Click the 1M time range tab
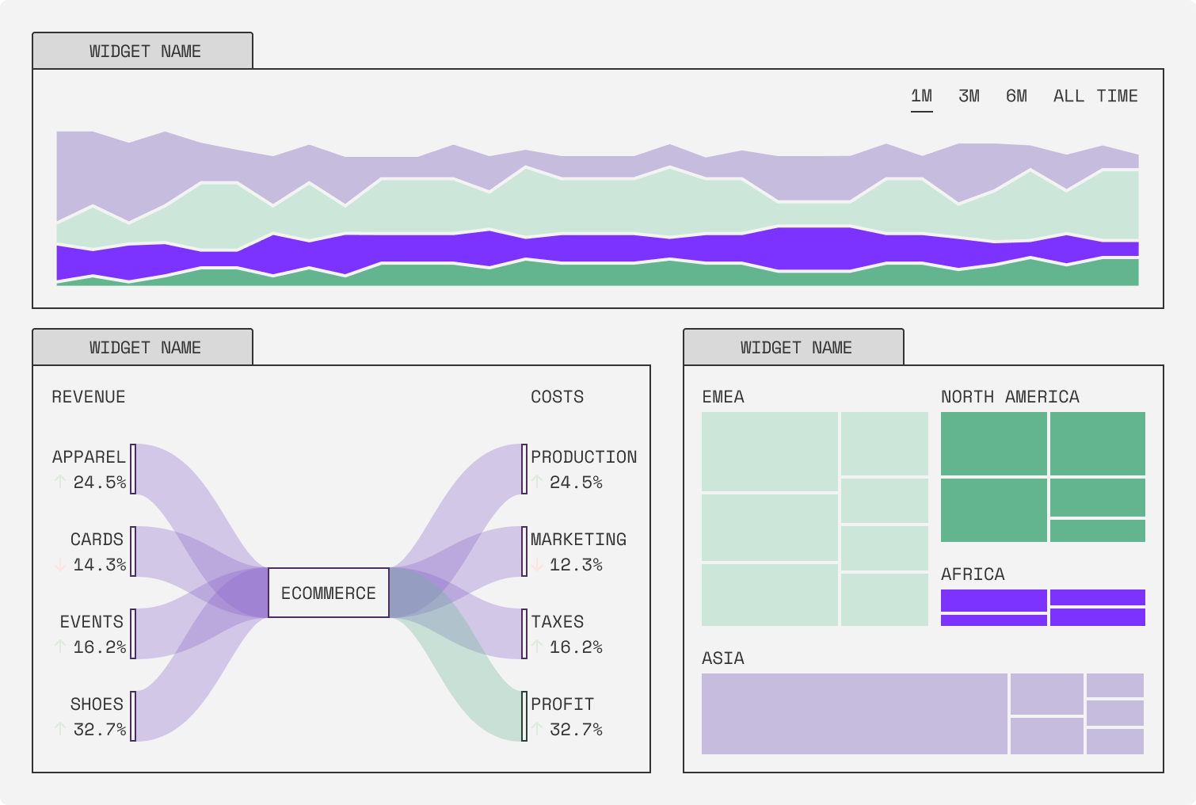[921, 97]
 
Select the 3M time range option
[969, 97]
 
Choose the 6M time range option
[1016, 97]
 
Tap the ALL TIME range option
[1095, 97]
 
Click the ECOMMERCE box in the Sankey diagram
[329, 593]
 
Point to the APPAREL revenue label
[89, 457]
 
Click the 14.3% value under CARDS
[100, 565]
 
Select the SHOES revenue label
[97, 704]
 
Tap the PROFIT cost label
[562, 704]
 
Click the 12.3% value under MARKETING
[576, 565]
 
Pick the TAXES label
[558, 622]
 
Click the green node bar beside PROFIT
[524, 716]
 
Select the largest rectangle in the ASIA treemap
[854, 714]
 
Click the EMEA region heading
[723, 397]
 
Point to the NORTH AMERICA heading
[1010, 397]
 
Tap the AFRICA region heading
[973, 574]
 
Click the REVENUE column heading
[89, 397]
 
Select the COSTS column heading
[557, 397]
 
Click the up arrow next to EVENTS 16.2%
[60, 647]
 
